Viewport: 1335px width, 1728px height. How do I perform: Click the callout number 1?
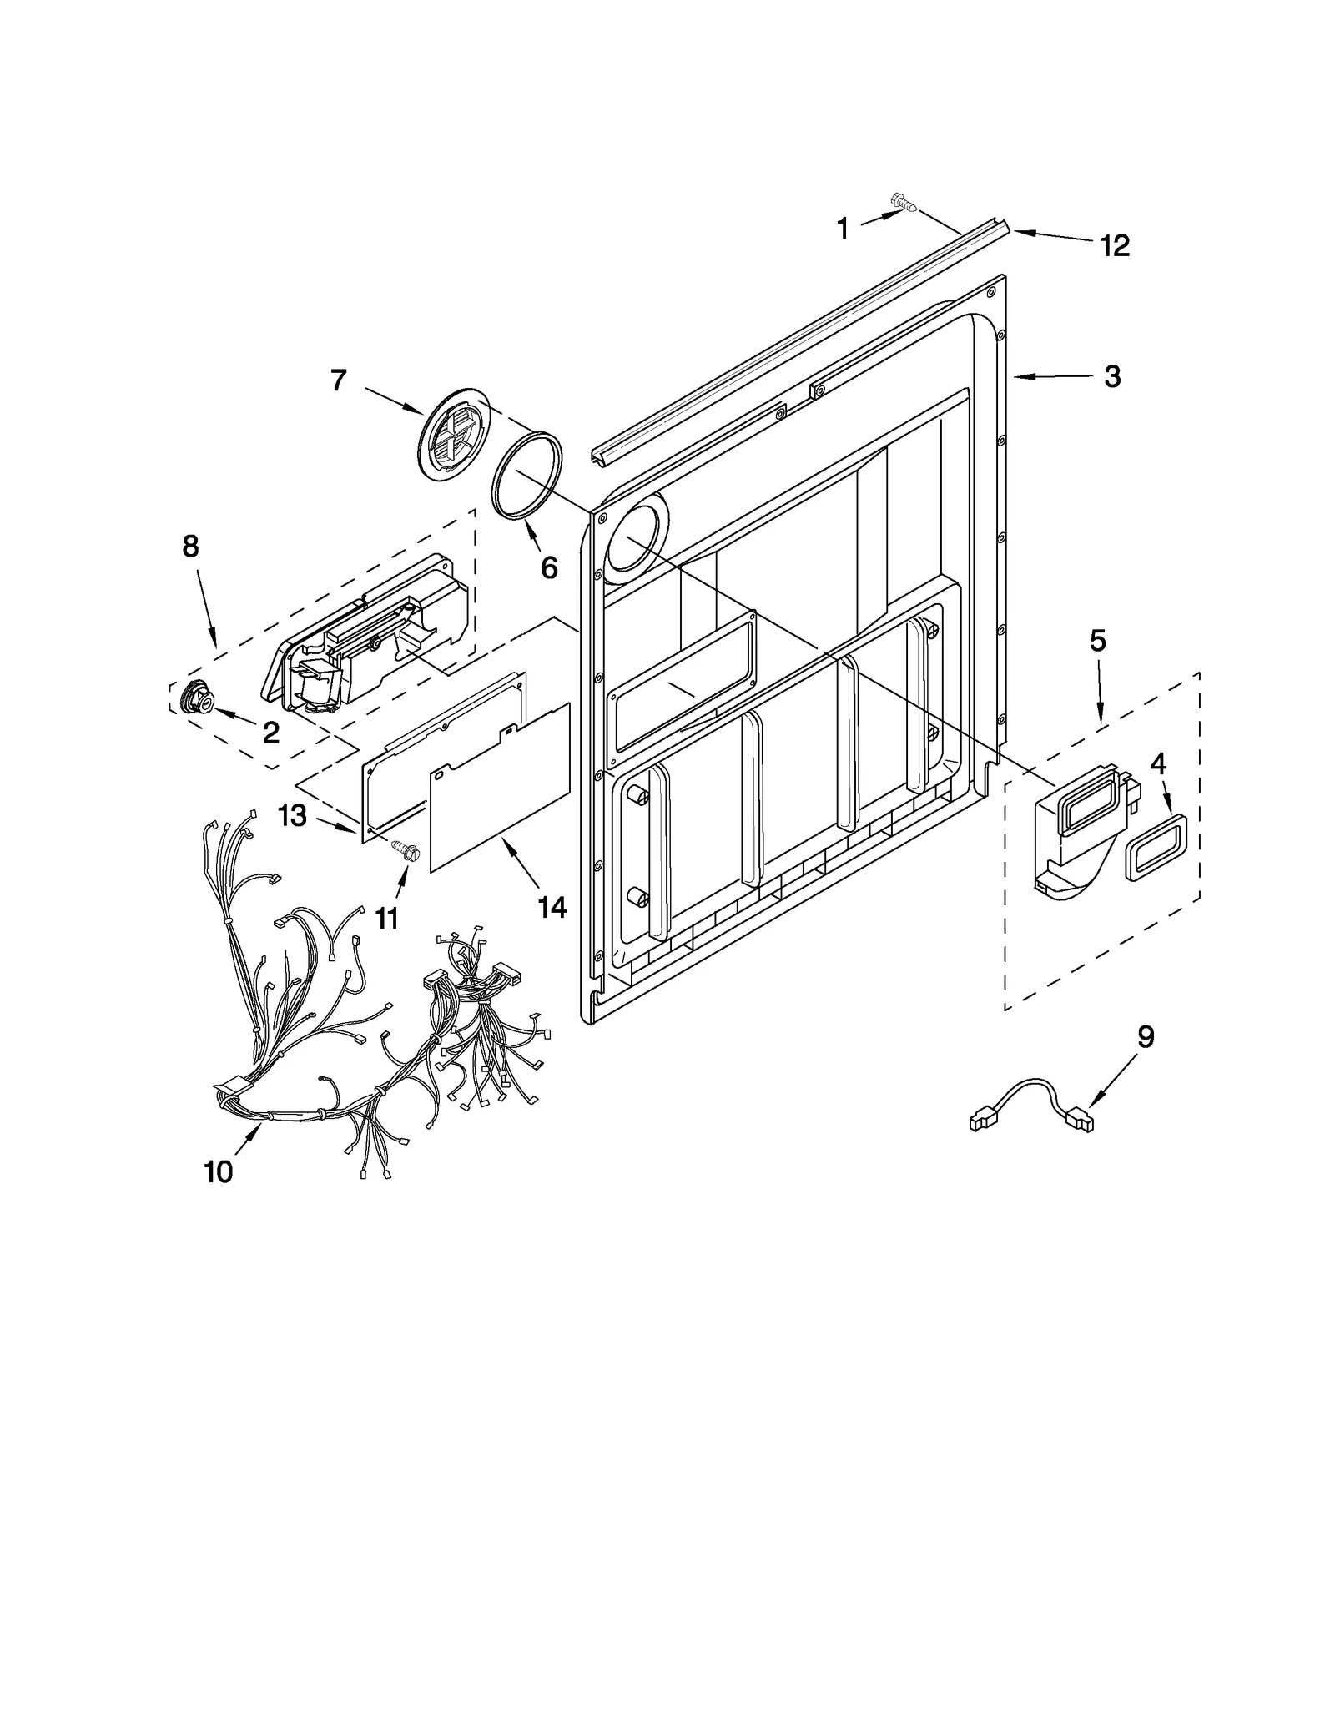click(843, 228)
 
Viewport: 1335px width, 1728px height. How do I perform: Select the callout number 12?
click(1115, 245)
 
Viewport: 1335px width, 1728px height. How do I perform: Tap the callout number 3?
click(1112, 376)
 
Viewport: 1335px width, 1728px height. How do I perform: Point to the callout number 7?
click(338, 380)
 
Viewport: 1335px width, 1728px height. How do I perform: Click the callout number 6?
click(548, 567)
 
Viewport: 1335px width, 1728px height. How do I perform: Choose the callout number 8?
click(191, 547)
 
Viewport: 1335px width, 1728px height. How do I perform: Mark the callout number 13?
click(292, 815)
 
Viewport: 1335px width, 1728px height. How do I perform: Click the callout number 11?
click(386, 918)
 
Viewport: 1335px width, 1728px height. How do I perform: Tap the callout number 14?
click(552, 907)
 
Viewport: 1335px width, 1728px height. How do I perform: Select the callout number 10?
click(219, 1172)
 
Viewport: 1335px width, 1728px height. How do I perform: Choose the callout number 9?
click(1146, 1037)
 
